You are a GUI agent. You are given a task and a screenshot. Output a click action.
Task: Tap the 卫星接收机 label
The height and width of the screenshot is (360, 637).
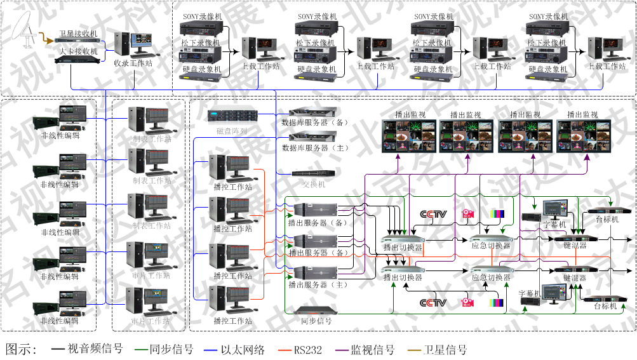click(x=79, y=34)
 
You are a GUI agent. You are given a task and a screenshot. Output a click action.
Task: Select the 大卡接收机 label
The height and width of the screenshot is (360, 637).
click(x=79, y=51)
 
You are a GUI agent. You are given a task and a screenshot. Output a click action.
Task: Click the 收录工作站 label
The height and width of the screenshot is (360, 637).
click(x=133, y=63)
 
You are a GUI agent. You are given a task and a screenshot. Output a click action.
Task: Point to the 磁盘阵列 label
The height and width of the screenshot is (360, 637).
click(x=231, y=131)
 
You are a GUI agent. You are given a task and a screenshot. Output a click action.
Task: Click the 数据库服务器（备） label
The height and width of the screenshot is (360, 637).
click(x=315, y=121)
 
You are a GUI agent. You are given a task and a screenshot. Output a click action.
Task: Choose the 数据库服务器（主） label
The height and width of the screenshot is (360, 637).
click(x=315, y=147)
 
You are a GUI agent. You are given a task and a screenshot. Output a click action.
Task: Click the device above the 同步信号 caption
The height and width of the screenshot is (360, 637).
click(x=315, y=310)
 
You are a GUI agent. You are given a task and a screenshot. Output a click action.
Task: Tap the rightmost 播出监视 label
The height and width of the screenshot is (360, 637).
click(x=582, y=115)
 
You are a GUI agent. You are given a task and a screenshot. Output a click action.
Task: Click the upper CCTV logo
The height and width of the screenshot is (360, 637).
click(x=434, y=214)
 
